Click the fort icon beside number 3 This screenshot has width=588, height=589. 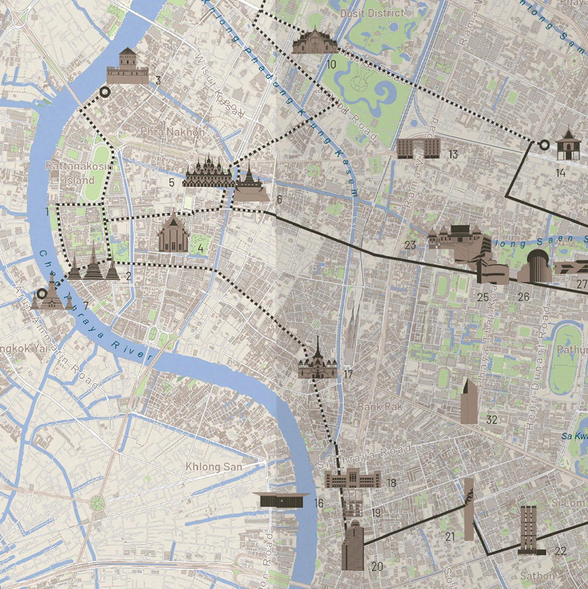pyautogui.click(x=127, y=66)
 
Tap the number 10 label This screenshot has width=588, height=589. pyautogui.click(x=331, y=65)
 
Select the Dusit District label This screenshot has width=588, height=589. pyautogui.click(x=372, y=13)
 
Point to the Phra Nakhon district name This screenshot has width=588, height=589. pyautogui.click(x=173, y=132)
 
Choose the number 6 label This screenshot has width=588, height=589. pyautogui.click(x=279, y=199)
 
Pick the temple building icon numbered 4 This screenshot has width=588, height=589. pyautogui.click(x=173, y=233)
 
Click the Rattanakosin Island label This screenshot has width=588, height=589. pyautogui.click(x=79, y=173)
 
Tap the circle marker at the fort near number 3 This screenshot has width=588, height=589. pyautogui.click(x=105, y=92)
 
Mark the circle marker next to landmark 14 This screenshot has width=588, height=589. pyautogui.click(x=544, y=145)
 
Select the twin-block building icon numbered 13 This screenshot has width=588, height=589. pyautogui.click(x=419, y=148)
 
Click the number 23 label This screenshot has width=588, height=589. pyautogui.click(x=410, y=245)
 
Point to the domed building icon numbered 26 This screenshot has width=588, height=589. pyautogui.click(x=535, y=266)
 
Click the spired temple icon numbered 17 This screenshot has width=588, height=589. pyautogui.click(x=317, y=361)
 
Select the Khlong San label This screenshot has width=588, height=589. pyautogui.click(x=214, y=467)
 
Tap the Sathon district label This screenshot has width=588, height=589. pyautogui.click(x=537, y=576)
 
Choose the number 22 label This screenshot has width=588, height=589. pyautogui.click(x=560, y=551)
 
